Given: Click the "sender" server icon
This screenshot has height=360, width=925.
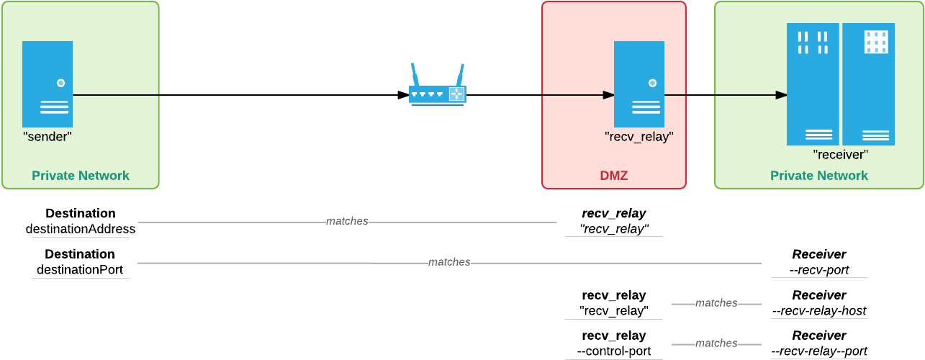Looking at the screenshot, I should [48, 84].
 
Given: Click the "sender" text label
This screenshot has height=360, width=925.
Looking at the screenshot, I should [48, 136].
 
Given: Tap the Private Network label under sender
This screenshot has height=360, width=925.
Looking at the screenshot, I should [81, 176].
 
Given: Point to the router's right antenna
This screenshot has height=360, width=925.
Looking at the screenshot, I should [460, 75].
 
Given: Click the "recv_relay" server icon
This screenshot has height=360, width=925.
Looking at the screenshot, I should [639, 84].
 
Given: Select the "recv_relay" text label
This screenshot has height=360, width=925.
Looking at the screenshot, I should [639, 136].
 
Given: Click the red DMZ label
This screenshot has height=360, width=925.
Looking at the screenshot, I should [614, 176].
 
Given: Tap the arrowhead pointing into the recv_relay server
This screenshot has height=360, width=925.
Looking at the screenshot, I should [608, 95].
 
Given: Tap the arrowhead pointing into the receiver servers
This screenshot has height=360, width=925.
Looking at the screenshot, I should [781, 95].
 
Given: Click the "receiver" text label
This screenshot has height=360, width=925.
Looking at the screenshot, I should [841, 154].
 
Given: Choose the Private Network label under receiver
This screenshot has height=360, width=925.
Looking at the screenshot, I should [819, 176].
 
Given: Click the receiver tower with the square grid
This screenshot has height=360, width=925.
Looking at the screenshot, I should [869, 84].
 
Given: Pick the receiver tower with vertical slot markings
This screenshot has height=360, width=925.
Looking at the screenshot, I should [813, 84].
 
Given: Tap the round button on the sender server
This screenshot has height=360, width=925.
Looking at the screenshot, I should [61, 83].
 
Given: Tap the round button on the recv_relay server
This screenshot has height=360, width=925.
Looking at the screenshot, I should [653, 83].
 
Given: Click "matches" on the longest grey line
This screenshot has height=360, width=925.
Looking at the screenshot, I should [449, 262].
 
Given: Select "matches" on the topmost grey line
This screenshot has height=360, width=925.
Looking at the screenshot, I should [347, 221].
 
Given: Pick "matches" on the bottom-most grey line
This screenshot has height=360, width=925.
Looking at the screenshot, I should [716, 343].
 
